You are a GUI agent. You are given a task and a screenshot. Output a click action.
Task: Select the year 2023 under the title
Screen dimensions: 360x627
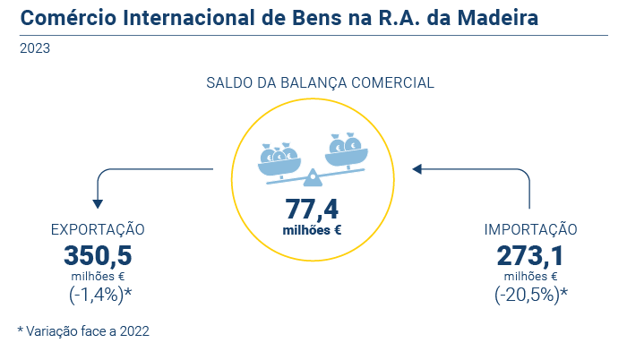coord(34,48)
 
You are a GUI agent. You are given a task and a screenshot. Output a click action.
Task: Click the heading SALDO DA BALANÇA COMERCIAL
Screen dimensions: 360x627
coord(320,82)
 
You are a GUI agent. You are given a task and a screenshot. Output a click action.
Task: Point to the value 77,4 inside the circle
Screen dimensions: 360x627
coord(312,209)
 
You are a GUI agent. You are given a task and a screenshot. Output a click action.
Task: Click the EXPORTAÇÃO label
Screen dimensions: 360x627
coord(98,230)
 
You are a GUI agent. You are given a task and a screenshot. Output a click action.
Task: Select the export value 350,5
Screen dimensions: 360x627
coord(98,255)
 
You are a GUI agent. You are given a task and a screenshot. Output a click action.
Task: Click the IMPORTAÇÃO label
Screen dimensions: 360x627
coord(531,230)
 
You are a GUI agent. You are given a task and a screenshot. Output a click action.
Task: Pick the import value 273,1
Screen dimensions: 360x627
coord(531,255)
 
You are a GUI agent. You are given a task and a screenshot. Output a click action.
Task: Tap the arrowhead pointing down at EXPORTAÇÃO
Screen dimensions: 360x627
coord(98,204)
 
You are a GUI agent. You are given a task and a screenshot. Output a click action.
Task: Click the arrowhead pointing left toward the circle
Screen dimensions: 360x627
coord(417,167)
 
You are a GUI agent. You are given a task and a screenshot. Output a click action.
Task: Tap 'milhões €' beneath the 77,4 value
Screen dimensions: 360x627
coord(313,230)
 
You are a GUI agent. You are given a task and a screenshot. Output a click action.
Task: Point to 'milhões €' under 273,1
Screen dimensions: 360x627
coord(531,276)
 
